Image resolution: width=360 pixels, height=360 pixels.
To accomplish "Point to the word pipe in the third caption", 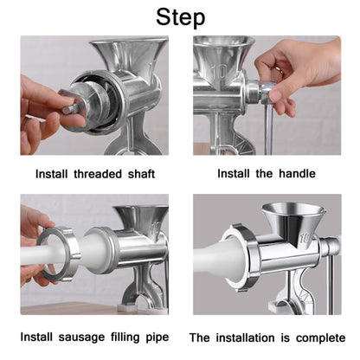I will coord(153,336).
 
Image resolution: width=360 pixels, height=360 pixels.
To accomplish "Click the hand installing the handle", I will coord(299,69).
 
